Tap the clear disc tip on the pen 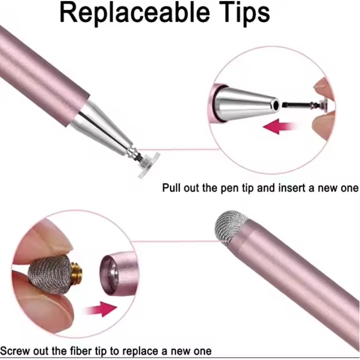(x=149, y=165)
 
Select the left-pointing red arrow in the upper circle (x=279, y=126)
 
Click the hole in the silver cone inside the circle (x=276, y=105)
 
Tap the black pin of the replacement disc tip (x=297, y=105)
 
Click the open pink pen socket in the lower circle (x=119, y=274)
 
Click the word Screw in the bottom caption (x=15, y=351)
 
